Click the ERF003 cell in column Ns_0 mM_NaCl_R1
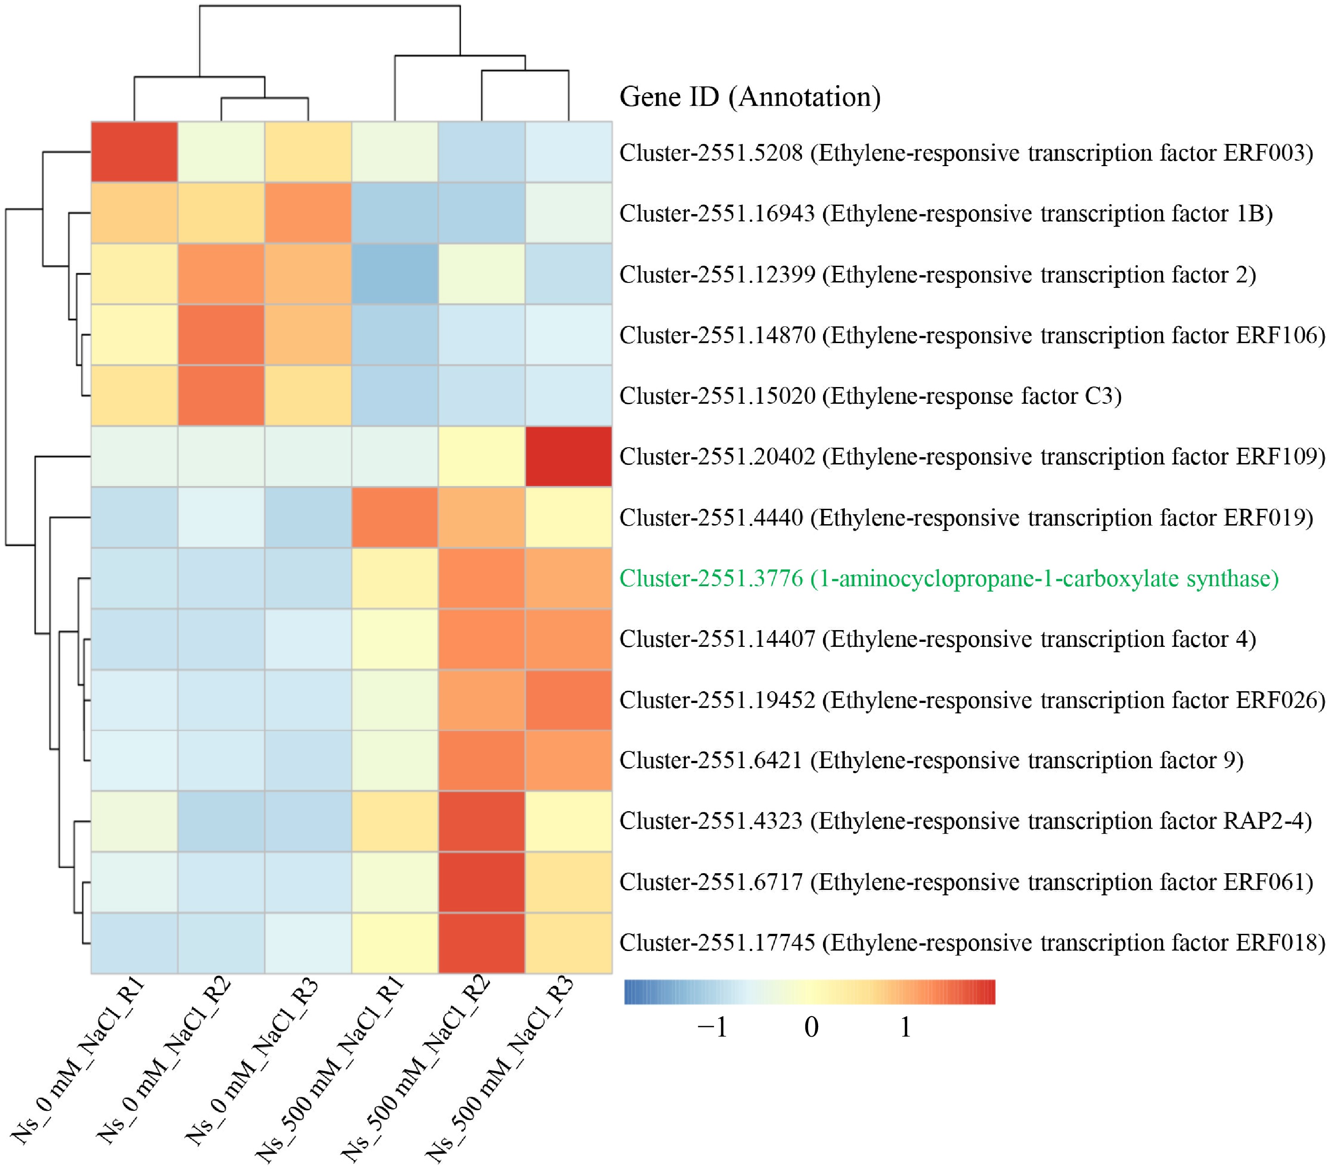[134, 151]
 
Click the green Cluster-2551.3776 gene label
[949, 578]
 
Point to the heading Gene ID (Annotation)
[750, 97]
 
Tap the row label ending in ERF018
[972, 942]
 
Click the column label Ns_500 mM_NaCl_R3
[500, 1066]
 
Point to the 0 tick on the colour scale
[811, 1028]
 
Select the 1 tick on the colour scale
[905, 1028]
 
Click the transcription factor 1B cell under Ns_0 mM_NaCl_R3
[308, 213]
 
